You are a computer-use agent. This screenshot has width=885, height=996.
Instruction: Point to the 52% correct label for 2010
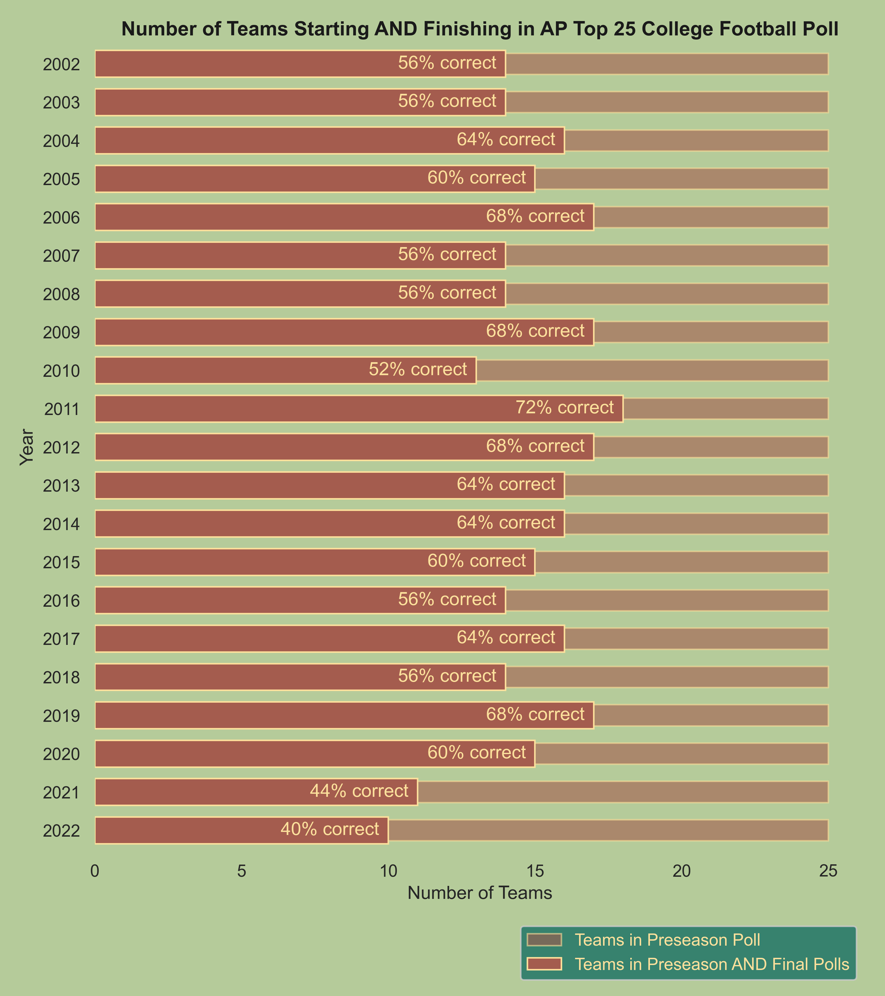tap(418, 369)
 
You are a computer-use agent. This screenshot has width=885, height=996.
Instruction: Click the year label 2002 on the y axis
tap(61, 64)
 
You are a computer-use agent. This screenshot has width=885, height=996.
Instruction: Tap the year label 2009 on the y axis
tap(61, 333)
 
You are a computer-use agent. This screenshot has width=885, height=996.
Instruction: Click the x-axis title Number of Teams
tap(480, 893)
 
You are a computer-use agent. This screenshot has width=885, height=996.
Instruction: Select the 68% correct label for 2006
tap(535, 216)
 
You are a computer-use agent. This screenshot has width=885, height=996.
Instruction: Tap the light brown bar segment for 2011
tap(726, 408)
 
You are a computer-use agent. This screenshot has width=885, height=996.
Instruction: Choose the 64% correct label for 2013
tap(506, 484)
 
